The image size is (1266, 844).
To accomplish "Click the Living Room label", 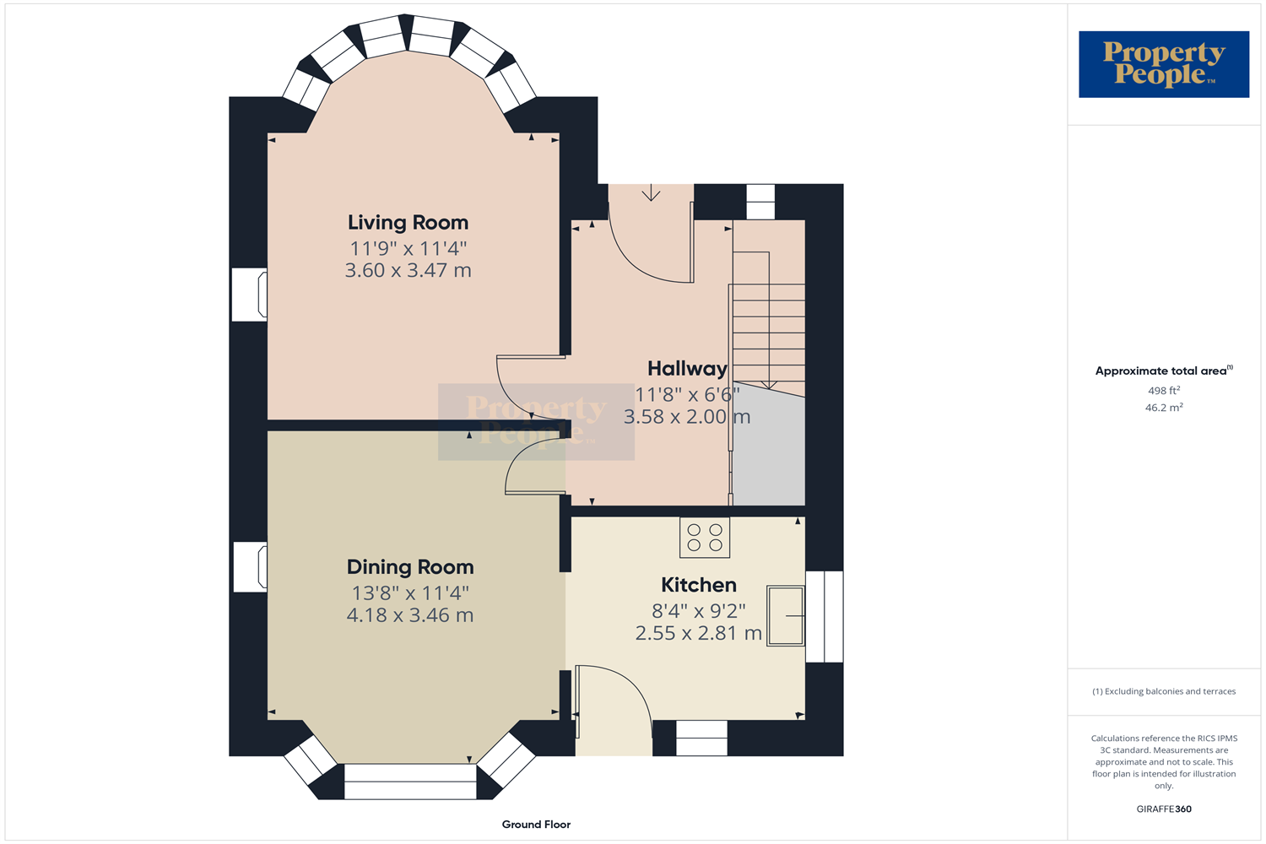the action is [x=408, y=222].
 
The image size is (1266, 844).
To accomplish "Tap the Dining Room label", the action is [x=410, y=567].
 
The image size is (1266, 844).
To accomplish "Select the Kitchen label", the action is [x=699, y=585].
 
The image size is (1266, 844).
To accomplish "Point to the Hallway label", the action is [x=687, y=369].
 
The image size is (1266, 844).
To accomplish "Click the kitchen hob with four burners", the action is [x=705, y=538].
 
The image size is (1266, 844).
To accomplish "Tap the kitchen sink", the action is [x=786, y=615].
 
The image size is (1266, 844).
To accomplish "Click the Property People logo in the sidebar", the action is [x=1164, y=64].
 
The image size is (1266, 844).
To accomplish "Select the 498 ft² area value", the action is [x=1164, y=390].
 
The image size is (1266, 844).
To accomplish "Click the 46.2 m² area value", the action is [x=1164, y=407].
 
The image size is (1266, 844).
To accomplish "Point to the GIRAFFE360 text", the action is [x=1164, y=809].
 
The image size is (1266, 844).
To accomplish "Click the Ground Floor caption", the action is [x=536, y=825].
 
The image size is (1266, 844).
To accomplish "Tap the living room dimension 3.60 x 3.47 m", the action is [x=408, y=270].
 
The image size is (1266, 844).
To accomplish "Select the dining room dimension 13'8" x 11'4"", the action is [x=410, y=593].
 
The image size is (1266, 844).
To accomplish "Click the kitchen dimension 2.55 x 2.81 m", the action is [x=699, y=633].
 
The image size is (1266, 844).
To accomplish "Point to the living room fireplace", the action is [x=249, y=295].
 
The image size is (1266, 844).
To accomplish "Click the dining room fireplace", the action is [x=250, y=567].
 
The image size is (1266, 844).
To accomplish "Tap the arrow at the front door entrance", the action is [x=651, y=192].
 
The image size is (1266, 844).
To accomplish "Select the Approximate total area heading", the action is [x=1164, y=371].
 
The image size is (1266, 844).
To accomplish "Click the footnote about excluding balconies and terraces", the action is [x=1164, y=691].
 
